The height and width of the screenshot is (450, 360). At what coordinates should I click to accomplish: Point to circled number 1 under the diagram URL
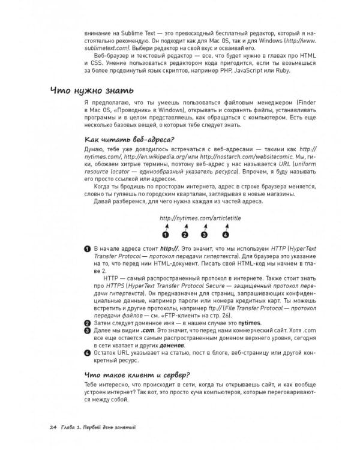[x=165, y=234]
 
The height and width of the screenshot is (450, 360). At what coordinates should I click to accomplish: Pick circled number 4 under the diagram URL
[x=226, y=234]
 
